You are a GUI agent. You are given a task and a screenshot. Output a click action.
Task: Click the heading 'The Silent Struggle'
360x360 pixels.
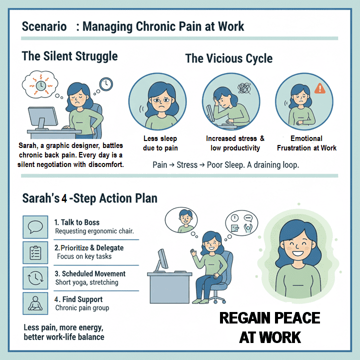69,55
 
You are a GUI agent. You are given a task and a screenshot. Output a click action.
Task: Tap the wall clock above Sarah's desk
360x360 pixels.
105,84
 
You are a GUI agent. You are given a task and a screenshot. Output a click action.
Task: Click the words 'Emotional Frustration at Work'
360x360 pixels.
306,143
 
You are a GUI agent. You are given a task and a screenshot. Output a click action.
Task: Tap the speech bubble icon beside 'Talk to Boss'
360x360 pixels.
35,226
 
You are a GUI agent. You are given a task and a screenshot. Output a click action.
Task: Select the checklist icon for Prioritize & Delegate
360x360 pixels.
35,252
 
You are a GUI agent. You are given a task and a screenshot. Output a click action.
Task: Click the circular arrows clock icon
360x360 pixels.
35,278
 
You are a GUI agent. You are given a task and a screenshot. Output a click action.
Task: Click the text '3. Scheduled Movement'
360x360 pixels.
90,274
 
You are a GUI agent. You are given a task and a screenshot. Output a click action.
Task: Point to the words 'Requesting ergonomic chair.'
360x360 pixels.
94,231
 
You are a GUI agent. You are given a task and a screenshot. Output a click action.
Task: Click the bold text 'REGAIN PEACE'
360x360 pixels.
270,318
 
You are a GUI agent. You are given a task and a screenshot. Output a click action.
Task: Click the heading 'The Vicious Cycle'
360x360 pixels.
228,58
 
